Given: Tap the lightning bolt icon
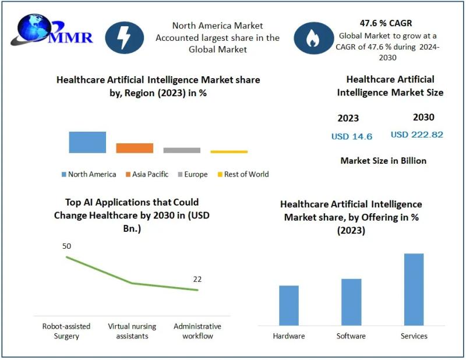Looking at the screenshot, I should [124, 37].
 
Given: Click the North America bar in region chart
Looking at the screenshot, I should [87, 142].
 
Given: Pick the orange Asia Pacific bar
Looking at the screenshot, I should [135, 148].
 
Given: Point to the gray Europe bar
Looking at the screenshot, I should [182, 150].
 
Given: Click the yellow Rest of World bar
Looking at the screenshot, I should [229, 151].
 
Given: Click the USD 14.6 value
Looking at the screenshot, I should [351, 136].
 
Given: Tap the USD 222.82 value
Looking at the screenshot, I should [416, 135].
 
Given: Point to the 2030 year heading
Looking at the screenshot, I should [423, 117].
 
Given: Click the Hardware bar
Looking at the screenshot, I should [289, 305].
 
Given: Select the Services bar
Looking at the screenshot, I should [414, 290].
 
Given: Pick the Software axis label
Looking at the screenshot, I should [351, 336].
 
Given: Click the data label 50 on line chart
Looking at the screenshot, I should [66, 246].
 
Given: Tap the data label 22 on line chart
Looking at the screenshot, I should [197, 279].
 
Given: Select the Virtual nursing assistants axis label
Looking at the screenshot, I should [132, 331].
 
